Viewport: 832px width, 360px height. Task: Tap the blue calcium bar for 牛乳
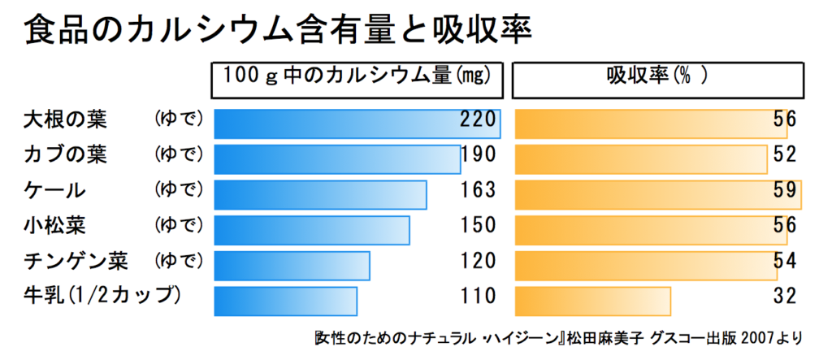[x=284, y=300]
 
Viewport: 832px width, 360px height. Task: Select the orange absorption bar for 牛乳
[x=593, y=300]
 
